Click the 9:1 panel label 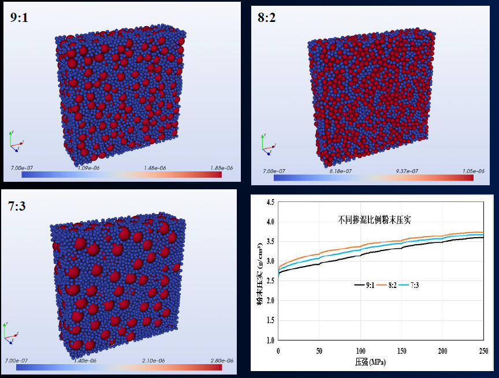pos(20,18)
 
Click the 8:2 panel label pos(266,18)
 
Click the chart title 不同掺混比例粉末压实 pos(374,219)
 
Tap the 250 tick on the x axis pos(484,351)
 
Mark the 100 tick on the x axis pos(360,351)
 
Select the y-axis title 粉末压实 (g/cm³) pos(260,272)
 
